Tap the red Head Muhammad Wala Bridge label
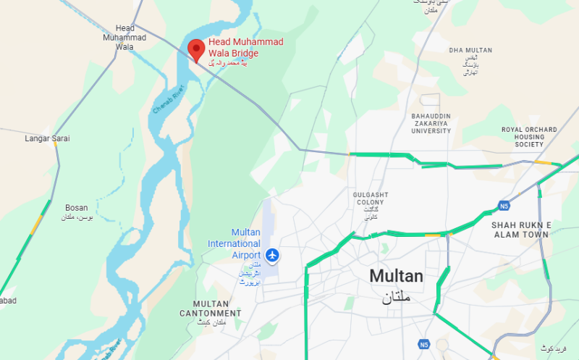point(245,47)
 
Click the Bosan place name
point(76,207)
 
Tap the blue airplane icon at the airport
point(272,255)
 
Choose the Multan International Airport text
point(234,244)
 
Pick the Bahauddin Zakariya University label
point(431,124)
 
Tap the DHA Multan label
point(470,51)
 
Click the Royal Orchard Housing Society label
point(529,137)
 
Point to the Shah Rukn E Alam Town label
point(521,230)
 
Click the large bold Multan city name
point(396,276)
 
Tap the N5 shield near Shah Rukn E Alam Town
point(504,205)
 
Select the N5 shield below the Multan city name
point(425,343)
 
